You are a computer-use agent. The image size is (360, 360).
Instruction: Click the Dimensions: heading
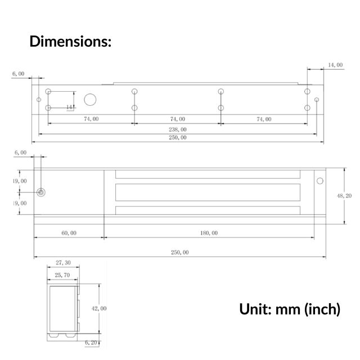click(x=70, y=42)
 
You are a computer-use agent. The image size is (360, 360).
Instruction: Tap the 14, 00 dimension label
click(x=335, y=65)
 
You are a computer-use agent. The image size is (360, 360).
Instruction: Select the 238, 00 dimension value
click(x=177, y=129)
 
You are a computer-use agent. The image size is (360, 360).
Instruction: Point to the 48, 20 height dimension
click(x=344, y=196)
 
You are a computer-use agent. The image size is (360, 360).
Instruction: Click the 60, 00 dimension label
click(x=69, y=232)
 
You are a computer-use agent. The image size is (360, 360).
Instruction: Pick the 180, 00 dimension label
click(x=208, y=232)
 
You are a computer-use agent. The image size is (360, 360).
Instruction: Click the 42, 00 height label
click(x=99, y=308)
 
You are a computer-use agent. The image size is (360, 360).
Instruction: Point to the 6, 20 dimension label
click(x=92, y=342)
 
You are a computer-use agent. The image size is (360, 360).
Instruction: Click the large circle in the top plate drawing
click(x=90, y=100)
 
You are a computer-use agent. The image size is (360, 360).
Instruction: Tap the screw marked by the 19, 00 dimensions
click(x=40, y=192)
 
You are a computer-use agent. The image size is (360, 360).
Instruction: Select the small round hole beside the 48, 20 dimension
click(x=320, y=181)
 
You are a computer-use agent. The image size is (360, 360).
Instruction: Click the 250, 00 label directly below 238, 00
click(x=177, y=138)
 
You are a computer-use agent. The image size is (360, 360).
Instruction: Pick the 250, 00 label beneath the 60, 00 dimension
click(x=179, y=253)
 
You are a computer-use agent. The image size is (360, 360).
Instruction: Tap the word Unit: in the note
click(x=255, y=309)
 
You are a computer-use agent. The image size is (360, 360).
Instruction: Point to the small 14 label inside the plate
click(x=69, y=106)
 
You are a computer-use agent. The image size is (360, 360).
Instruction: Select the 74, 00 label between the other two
click(x=178, y=119)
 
